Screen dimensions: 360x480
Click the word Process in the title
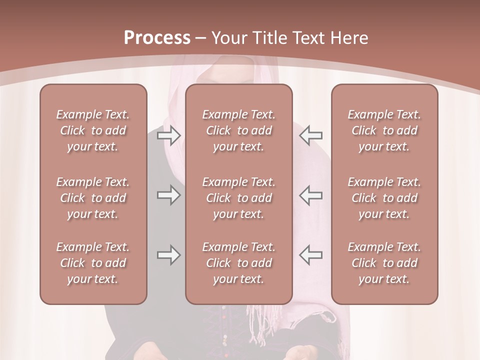[x=157, y=38]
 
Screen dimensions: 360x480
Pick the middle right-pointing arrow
[x=168, y=195]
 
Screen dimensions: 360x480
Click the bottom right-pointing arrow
[x=168, y=255]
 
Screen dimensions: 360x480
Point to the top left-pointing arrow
[x=311, y=135]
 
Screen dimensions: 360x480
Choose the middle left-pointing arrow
[x=311, y=195]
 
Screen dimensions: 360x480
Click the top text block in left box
[x=92, y=130]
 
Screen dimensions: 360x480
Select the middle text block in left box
[x=92, y=198]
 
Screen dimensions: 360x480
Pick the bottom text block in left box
[x=92, y=263]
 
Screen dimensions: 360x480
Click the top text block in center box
[x=238, y=130]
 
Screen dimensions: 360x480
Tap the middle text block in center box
[x=238, y=198]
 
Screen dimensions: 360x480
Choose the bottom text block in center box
[x=238, y=263]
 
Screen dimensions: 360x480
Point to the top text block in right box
[x=384, y=130]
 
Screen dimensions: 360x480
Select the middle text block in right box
[x=384, y=198]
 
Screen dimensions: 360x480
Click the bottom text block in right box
[x=384, y=263]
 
